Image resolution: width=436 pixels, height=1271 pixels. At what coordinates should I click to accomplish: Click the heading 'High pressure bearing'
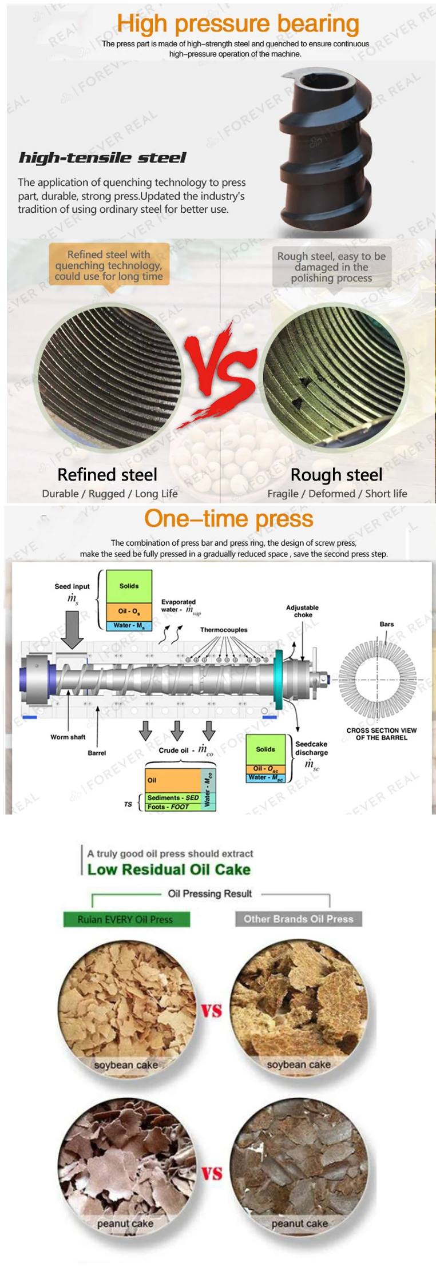[x=238, y=24]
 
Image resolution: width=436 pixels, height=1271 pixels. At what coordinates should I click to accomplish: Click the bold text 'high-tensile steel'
[x=102, y=158]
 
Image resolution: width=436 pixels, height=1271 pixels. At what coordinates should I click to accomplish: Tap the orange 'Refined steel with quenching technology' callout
[x=109, y=265]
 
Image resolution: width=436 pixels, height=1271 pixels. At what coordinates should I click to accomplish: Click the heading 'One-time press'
[x=229, y=519]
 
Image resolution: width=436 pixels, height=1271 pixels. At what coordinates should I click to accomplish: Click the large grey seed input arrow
[x=72, y=629]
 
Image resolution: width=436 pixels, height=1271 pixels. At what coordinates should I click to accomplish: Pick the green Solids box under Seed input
[x=129, y=586]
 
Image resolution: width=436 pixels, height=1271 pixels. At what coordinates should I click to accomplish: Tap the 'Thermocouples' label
[x=224, y=630]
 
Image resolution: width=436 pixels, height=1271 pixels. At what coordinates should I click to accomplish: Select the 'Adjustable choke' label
[x=303, y=611]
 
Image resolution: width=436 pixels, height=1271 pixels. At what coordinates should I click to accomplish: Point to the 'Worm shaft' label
[x=68, y=737]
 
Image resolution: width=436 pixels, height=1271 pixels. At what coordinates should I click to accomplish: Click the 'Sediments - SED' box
[x=173, y=797]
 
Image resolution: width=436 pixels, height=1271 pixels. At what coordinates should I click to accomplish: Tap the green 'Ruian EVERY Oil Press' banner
[x=126, y=919]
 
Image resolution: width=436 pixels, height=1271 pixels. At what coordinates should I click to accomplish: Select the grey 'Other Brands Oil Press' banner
[x=299, y=919]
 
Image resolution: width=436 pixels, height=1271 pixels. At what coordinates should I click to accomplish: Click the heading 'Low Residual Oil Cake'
[x=169, y=869]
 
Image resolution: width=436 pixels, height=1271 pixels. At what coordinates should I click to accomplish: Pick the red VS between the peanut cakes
[x=212, y=1173]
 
